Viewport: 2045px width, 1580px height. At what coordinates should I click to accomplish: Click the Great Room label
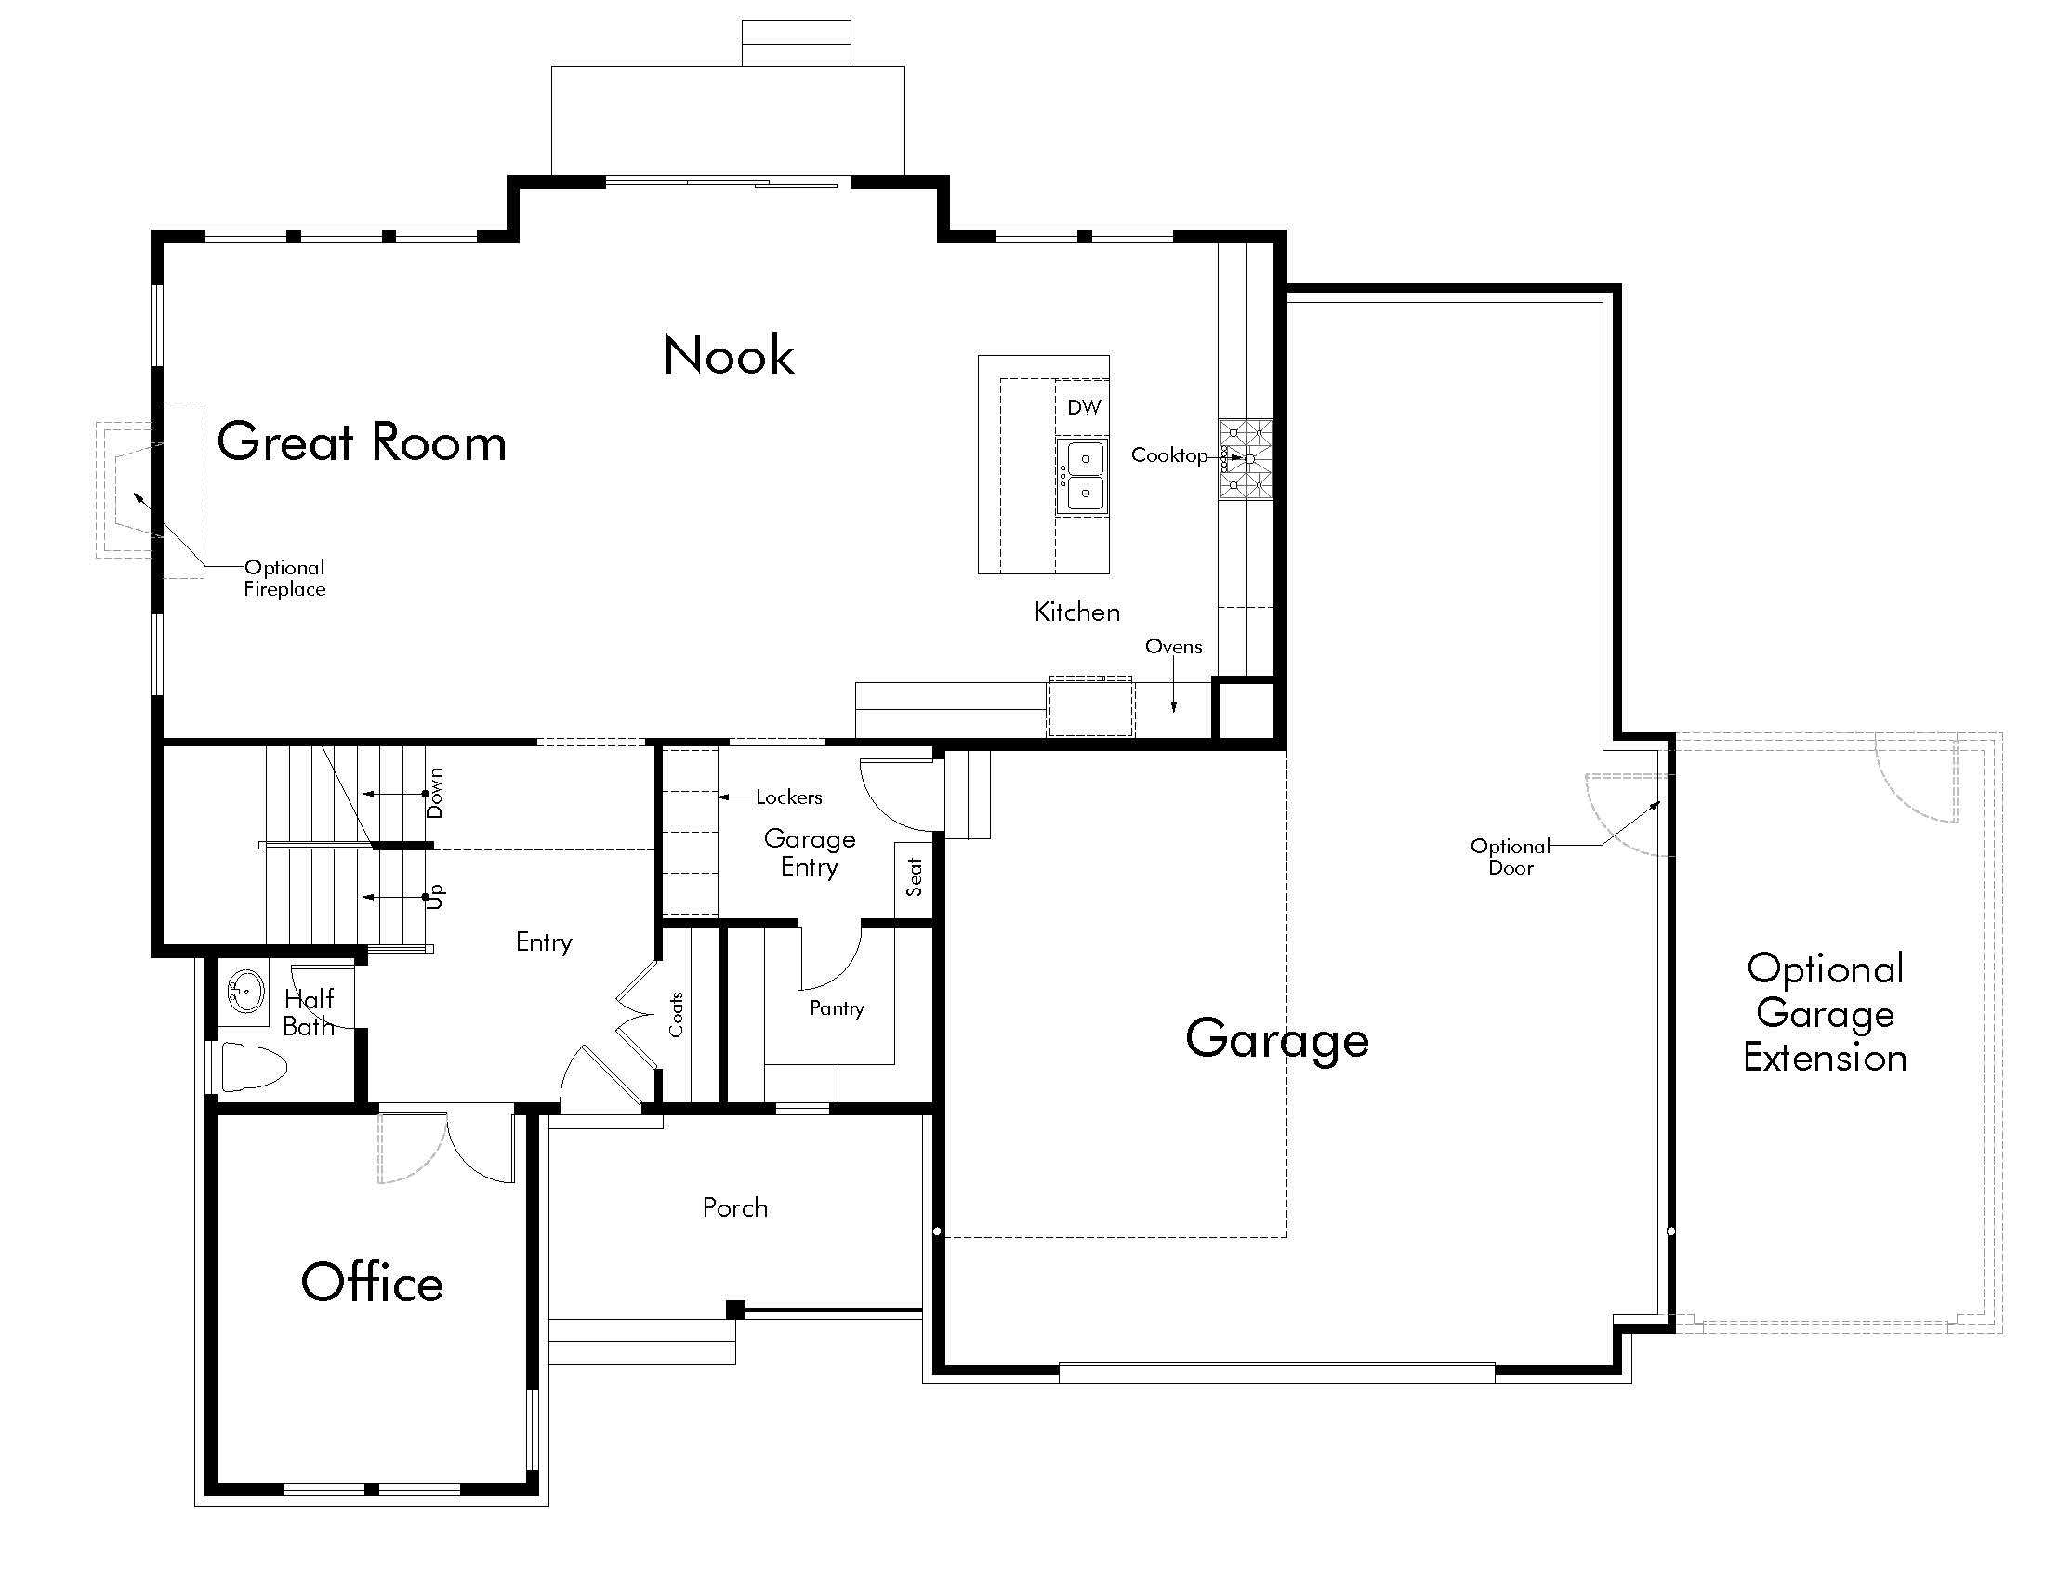(x=362, y=441)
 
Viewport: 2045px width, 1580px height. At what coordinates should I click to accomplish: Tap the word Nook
(x=729, y=355)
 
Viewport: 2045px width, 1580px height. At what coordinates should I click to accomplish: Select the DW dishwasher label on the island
(x=1084, y=407)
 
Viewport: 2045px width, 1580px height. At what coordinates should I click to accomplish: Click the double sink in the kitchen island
(x=1084, y=477)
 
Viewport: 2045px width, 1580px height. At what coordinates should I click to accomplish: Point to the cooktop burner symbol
(x=1246, y=458)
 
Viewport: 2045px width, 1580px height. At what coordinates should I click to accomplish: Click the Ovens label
(x=1173, y=647)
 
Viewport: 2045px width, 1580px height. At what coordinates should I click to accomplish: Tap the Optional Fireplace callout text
(x=284, y=578)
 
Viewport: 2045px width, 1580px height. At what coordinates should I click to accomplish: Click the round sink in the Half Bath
(x=245, y=992)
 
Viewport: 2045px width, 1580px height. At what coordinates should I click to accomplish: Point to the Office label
(x=372, y=1283)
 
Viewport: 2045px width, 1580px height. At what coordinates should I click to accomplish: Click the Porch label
(x=735, y=1207)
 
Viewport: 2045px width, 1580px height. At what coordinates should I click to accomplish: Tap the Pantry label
(x=837, y=1008)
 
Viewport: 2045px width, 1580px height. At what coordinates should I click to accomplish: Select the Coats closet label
(x=676, y=1015)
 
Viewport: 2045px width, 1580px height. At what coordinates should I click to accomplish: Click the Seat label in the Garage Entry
(x=915, y=877)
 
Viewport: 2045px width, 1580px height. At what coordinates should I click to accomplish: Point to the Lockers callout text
(x=788, y=797)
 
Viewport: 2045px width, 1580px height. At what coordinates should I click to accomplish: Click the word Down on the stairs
(x=434, y=793)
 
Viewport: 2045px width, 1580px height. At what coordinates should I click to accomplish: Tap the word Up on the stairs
(x=434, y=897)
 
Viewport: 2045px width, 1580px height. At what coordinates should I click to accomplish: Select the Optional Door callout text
(x=1511, y=857)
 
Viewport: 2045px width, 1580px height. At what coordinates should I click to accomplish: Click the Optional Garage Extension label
(x=1825, y=1014)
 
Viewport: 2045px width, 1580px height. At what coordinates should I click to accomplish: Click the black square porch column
(x=736, y=1310)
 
